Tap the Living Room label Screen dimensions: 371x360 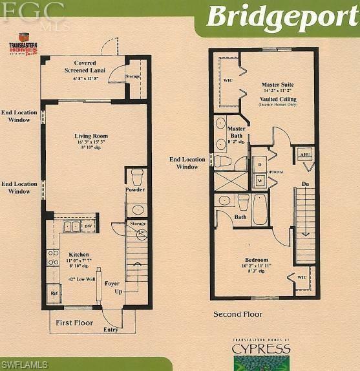tap(90, 136)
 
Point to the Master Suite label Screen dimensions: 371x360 tap(277, 85)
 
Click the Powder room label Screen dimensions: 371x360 tap(135, 189)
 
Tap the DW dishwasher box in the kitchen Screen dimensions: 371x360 tap(87, 226)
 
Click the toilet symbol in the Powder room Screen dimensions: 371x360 tap(136, 176)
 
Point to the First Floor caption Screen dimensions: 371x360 tap(74, 323)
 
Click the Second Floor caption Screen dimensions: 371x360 tap(238, 315)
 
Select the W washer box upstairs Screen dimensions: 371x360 tap(259, 181)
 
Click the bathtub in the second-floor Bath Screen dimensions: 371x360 tap(260, 209)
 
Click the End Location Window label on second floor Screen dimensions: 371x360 tap(187, 163)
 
